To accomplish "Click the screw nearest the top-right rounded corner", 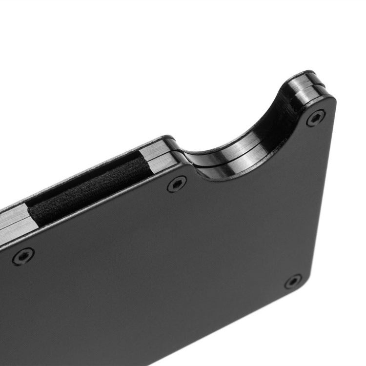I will click(316, 118).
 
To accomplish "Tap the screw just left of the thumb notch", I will click(176, 184).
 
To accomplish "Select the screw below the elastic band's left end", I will click(23, 256).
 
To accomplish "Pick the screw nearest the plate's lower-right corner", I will click(293, 281).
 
